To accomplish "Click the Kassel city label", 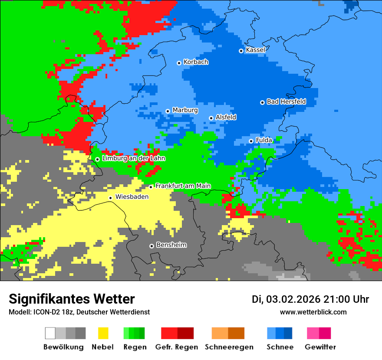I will [x=255, y=50].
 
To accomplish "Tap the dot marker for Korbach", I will [x=179, y=63].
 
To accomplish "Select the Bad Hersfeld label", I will [x=286, y=101].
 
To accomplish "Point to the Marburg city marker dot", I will [x=168, y=111].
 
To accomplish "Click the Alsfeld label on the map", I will [x=226, y=117].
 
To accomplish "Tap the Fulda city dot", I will [x=251, y=141].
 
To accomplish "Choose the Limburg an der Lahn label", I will [x=133, y=158].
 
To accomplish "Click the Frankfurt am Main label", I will [x=183, y=186].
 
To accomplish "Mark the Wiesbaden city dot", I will [x=111, y=198].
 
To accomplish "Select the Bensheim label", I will [x=171, y=245].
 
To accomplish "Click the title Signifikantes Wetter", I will [x=72, y=299].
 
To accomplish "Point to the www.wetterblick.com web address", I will [x=313, y=312].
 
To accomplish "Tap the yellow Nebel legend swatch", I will [x=103, y=333].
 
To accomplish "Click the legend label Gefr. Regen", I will [x=176, y=347].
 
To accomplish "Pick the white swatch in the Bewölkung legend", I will [x=50, y=333].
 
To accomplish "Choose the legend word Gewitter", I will [x=320, y=347].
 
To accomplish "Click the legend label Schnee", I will [x=280, y=347].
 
